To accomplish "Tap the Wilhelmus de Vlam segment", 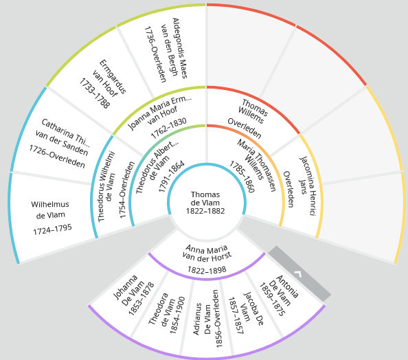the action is [51, 216].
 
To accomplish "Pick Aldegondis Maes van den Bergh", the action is [166, 49].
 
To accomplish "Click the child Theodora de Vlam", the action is [166, 313].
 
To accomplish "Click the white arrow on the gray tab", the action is [297, 274].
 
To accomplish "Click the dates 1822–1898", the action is [207, 270].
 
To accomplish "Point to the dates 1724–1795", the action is [52, 229].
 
